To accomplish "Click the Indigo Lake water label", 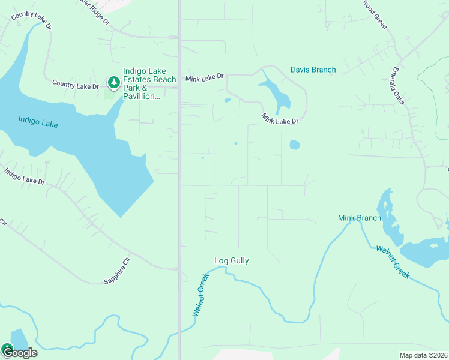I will pyautogui.click(x=38, y=122).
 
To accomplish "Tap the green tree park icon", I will pyautogui.click(x=113, y=81).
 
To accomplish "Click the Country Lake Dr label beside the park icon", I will pyautogui.click(x=75, y=85).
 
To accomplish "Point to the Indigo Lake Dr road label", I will pyautogui.click(x=25, y=176).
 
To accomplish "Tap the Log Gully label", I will pyautogui.click(x=231, y=261).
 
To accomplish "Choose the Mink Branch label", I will pyautogui.click(x=359, y=218).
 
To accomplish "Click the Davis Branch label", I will pyautogui.click(x=313, y=70).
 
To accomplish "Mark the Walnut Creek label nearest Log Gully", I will pyautogui.click(x=200, y=295).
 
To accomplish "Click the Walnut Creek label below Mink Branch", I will pyautogui.click(x=393, y=262).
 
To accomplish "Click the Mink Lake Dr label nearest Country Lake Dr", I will pyautogui.click(x=204, y=77).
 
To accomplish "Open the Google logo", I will pyautogui.click(x=19, y=352).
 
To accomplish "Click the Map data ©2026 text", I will pyautogui.click(x=423, y=355).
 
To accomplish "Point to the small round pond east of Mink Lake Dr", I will pyautogui.click(x=294, y=145).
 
